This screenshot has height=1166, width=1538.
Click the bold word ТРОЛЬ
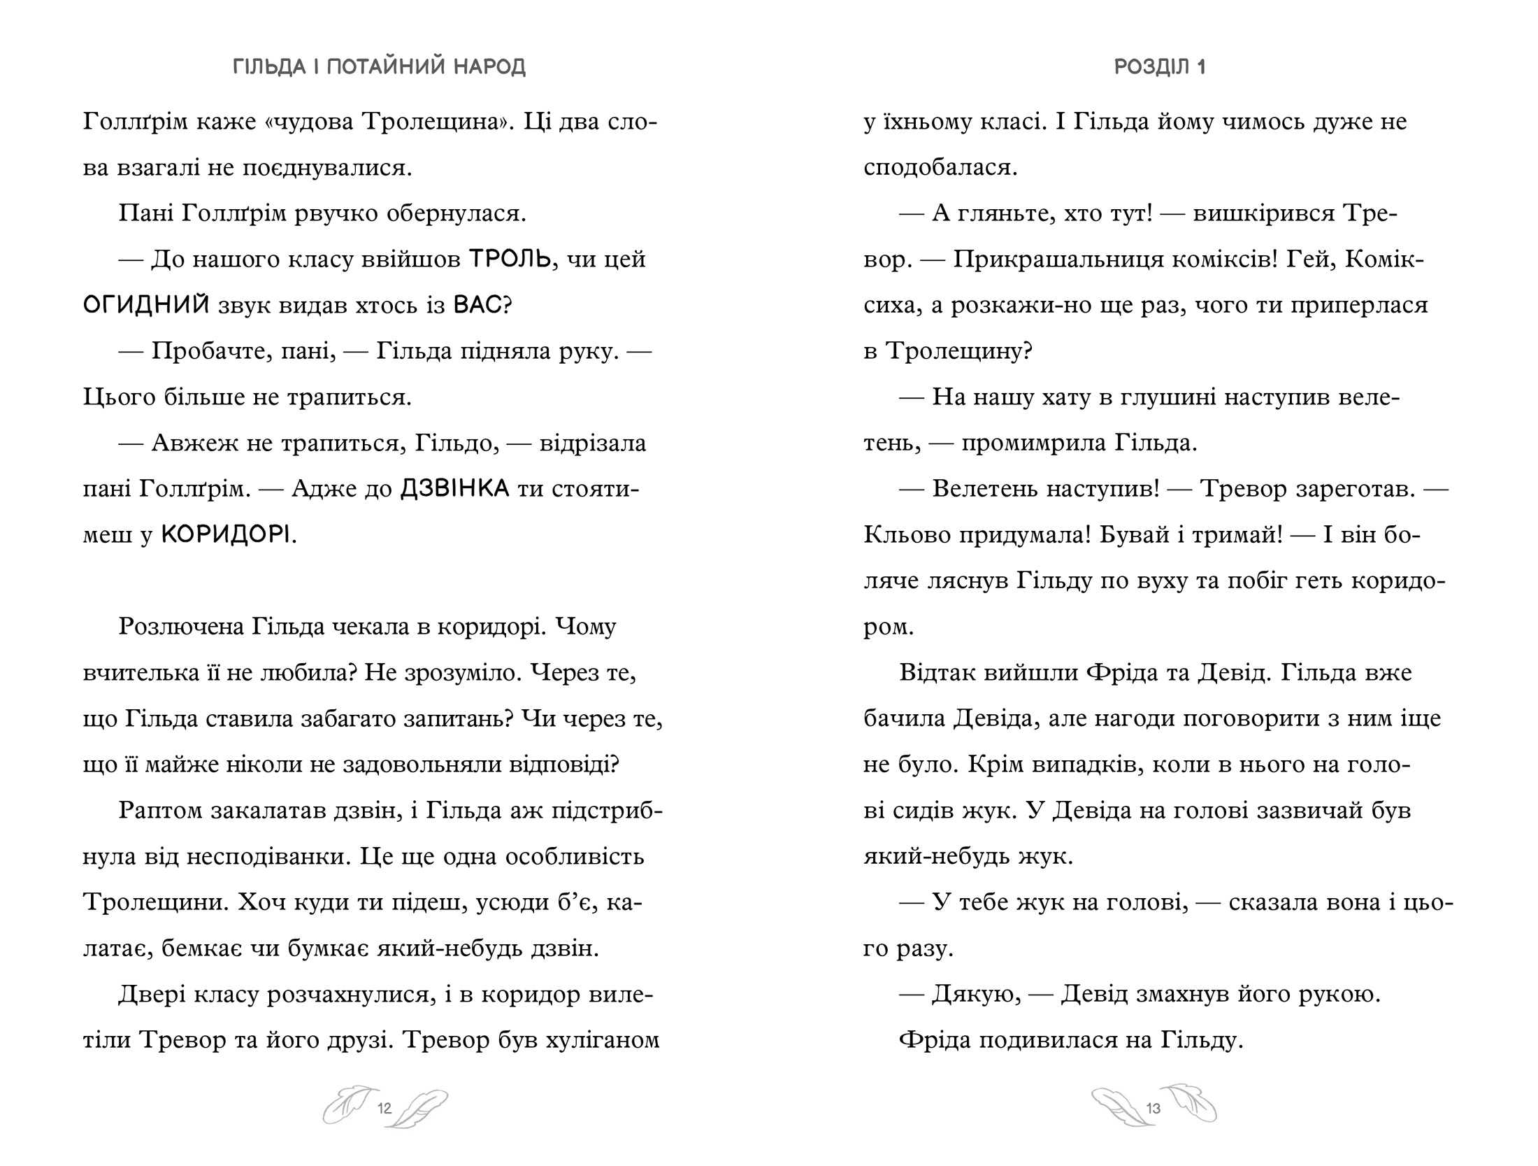510,259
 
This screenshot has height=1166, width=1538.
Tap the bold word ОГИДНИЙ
146,306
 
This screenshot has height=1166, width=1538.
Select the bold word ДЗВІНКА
454,489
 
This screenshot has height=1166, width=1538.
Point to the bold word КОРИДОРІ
225,535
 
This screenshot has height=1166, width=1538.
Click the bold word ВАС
478,306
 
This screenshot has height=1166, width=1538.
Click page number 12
384,1108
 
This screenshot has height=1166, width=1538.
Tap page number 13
1153,1108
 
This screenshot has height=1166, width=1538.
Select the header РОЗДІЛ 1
1160,67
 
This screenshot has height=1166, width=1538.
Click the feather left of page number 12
347,1105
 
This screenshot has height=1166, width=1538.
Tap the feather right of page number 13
1191,1104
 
